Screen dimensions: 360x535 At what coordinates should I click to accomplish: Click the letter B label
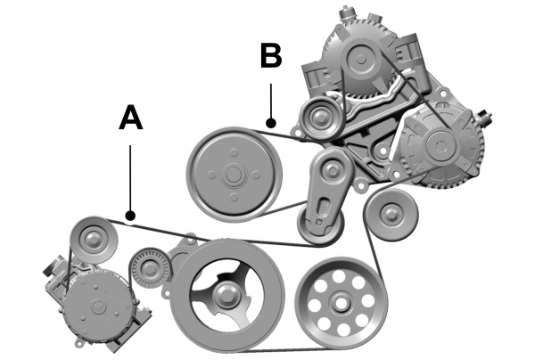tap(270, 55)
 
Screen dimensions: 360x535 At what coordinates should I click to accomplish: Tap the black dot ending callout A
tap(130, 215)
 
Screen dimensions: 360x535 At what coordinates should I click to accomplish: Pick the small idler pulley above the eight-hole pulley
tap(389, 215)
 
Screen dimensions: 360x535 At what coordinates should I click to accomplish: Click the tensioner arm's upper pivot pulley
tap(333, 166)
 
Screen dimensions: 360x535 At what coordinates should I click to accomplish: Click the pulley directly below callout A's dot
tap(92, 237)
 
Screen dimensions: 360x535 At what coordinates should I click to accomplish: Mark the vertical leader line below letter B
tap(270, 98)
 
